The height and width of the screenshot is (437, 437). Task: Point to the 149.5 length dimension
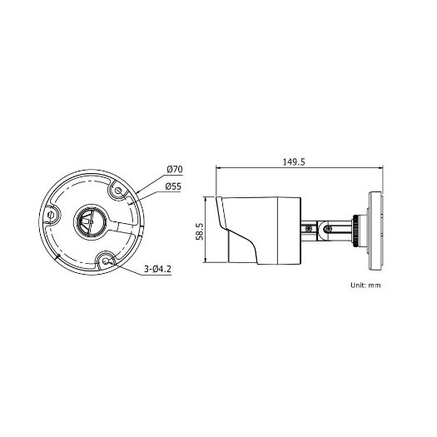[293, 162]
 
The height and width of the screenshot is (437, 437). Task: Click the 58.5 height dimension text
[200, 231]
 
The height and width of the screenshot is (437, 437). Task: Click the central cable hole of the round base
[89, 221]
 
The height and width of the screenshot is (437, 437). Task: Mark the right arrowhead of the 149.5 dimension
[380, 169]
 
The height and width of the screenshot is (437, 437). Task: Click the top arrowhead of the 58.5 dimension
[206, 199]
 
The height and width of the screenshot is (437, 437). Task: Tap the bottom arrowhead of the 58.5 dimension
[206, 262]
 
